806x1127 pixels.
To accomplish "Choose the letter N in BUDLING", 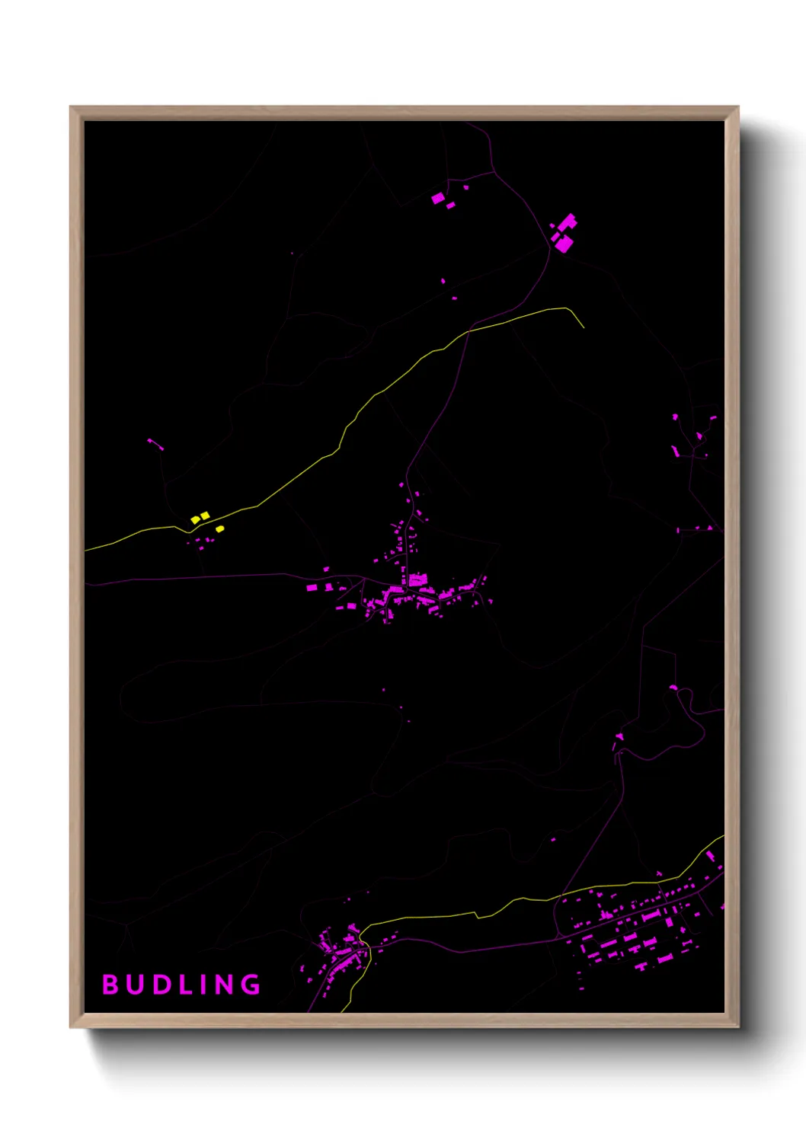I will pyautogui.click(x=223, y=985).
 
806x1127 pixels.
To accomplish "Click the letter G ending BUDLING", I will pyautogui.click(x=251, y=985).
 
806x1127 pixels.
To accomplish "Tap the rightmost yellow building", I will pyautogui.click(x=220, y=528).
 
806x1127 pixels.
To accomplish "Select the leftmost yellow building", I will pyautogui.click(x=195, y=520).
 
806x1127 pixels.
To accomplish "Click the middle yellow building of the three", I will pyautogui.click(x=205, y=516).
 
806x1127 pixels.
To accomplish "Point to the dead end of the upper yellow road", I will pyautogui.click(x=584, y=327).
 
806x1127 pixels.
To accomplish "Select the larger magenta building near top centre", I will pyautogui.click(x=437, y=199).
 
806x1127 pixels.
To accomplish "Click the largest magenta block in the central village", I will pyautogui.click(x=417, y=580).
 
